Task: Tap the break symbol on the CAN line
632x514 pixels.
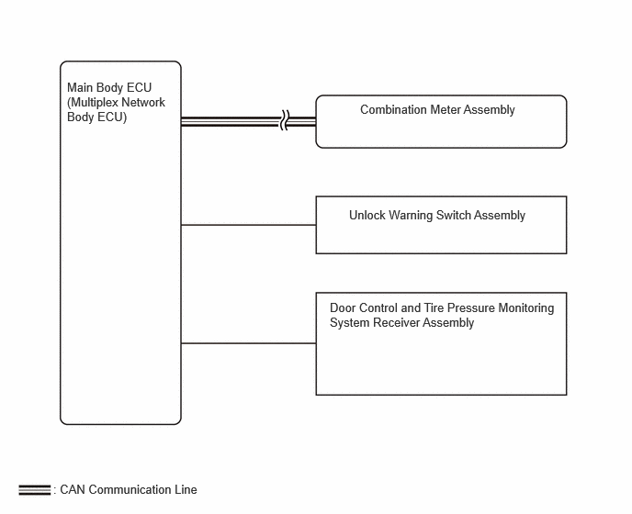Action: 285,120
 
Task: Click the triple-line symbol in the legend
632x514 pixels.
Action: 35,490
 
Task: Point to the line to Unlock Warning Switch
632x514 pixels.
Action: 248,225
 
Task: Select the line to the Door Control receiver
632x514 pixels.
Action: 248,343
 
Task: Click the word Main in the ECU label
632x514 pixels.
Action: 79,87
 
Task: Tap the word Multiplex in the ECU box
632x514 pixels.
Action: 95,102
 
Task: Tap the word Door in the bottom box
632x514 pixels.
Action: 343,307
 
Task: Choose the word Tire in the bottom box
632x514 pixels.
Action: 434,307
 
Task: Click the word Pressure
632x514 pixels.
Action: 471,307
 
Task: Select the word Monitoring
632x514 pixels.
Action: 526,308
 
